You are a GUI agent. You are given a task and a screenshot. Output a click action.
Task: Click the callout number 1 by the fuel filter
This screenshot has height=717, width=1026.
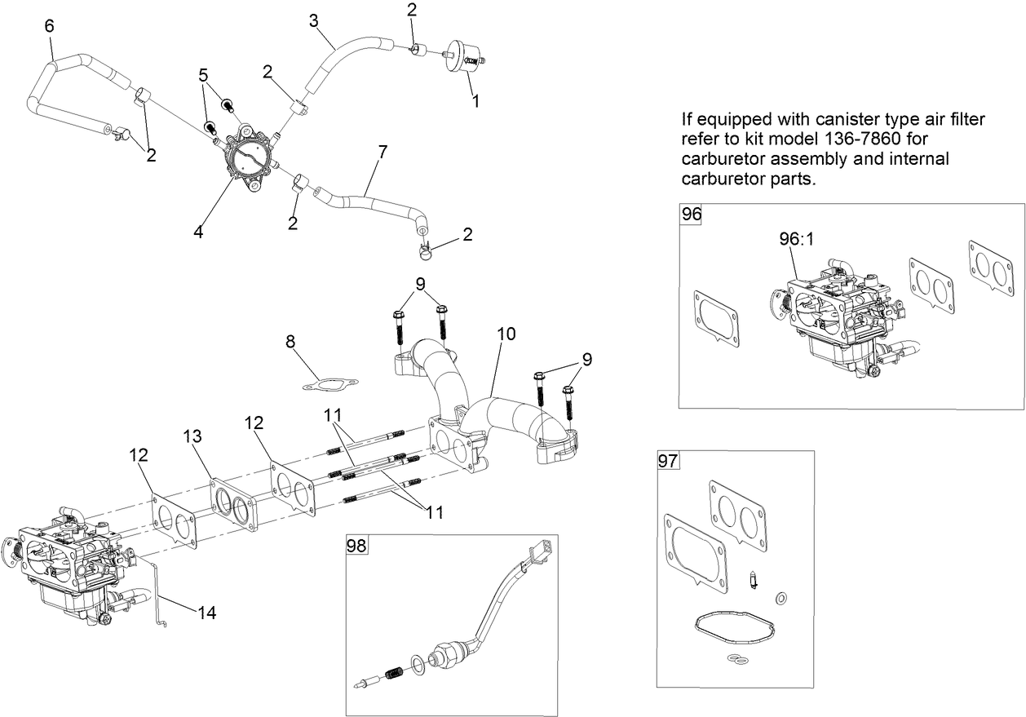click(x=476, y=102)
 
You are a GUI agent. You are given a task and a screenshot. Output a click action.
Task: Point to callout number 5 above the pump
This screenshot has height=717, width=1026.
click(x=203, y=75)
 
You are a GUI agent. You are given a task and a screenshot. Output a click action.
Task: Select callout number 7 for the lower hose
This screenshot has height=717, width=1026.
click(x=383, y=152)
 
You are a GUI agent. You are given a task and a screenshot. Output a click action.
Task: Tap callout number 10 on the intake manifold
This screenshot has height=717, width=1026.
click(x=506, y=334)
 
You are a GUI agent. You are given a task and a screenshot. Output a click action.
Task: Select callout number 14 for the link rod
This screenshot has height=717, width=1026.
click(x=207, y=611)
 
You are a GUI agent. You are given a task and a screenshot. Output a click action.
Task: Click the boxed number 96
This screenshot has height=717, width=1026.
click(x=691, y=215)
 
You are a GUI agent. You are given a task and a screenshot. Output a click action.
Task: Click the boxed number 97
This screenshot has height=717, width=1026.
click(x=667, y=462)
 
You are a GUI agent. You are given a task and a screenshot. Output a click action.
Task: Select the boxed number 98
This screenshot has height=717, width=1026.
click(x=357, y=546)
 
